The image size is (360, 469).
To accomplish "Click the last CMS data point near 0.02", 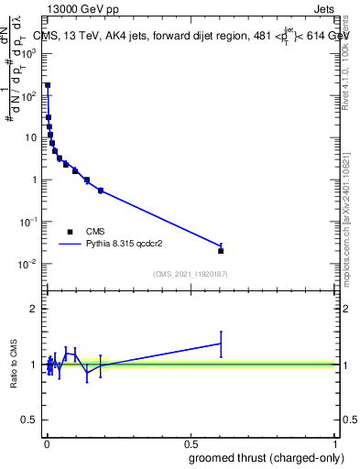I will [221, 250].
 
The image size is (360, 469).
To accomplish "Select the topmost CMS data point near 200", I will [48, 85].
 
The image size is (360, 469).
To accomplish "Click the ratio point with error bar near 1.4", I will [221, 344].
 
